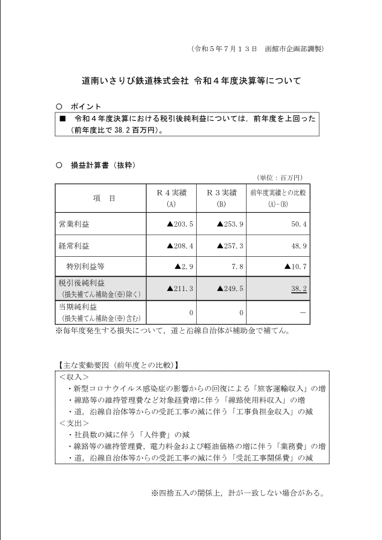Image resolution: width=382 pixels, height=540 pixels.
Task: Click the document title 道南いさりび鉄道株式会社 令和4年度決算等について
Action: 191,79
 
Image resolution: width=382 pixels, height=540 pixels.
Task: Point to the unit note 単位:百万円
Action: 280,177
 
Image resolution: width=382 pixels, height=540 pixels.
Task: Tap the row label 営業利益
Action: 74,224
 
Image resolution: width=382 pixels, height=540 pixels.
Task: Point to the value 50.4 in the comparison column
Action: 298,224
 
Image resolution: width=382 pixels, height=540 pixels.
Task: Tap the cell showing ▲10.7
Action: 295,265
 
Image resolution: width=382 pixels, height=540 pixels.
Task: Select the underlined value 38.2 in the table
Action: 299,289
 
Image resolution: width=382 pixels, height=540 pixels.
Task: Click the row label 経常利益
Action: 74,246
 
